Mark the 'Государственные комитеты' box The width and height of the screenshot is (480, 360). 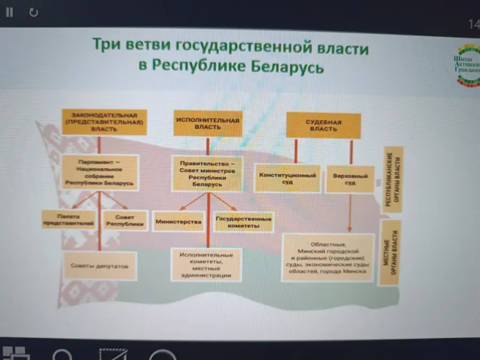click(243, 222)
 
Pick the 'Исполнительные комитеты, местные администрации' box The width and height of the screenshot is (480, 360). click(206, 265)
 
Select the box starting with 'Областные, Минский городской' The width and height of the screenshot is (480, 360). click(327, 258)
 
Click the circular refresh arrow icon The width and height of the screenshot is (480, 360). click(34, 12)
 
